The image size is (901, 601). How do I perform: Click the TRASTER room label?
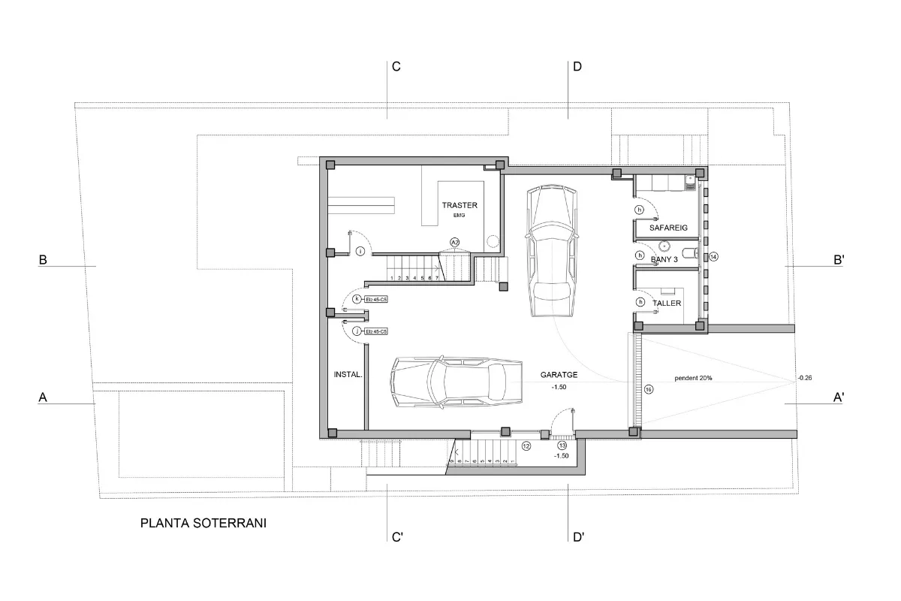pyautogui.click(x=459, y=205)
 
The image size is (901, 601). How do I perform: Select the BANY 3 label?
pyautogui.click(x=664, y=259)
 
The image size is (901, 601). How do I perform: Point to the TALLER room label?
pyautogui.click(x=667, y=303)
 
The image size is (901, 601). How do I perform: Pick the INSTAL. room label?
pyautogui.click(x=348, y=373)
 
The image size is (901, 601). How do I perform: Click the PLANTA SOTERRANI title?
pyautogui.click(x=203, y=523)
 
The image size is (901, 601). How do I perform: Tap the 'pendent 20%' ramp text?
pyautogui.click(x=693, y=378)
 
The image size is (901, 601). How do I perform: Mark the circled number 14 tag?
pyautogui.click(x=713, y=256)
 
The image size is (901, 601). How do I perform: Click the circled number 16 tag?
pyautogui.click(x=649, y=388)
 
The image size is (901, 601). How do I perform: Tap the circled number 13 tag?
pyautogui.click(x=562, y=445)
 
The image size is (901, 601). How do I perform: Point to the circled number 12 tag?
pyautogui.click(x=526, y=445)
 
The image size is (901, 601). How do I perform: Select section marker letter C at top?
pyautogui.click(x=396, y=67)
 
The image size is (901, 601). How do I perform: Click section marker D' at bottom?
pyautogui.click(x=578, y=537)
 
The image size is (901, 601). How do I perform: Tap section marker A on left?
pyautogui.click(x=43, y=399)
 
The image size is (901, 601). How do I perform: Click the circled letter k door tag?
pyautogui.click(x=357, y=299)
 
